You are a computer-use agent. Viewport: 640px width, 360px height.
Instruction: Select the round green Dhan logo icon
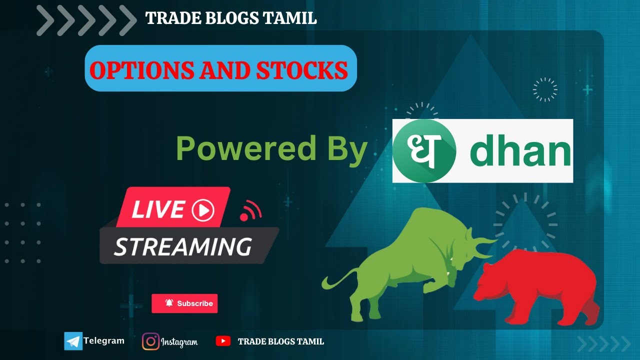[424, 150]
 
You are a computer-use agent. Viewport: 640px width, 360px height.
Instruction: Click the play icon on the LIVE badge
[202, 210]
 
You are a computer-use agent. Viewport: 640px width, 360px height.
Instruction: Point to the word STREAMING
[182, 246]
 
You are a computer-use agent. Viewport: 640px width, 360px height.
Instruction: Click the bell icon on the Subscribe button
[169, 303]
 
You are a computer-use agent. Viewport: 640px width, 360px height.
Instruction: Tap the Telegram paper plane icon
[73, 341]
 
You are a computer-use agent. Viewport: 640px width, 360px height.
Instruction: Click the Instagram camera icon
[150, 341]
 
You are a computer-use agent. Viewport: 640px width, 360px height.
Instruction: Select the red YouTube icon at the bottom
[223, 341]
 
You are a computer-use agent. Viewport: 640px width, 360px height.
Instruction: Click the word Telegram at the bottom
[103, 341]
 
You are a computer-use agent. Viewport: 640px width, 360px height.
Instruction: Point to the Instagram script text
[179, 342]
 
